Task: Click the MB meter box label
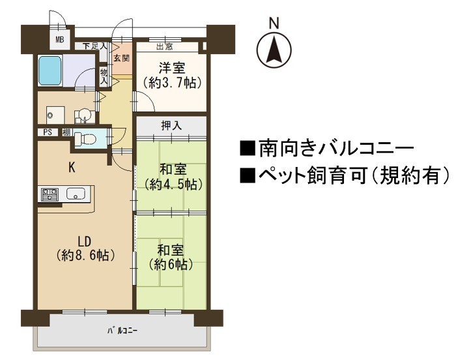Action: pos(60,39)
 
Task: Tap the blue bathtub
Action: pos(50,70)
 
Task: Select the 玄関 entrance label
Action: pos(122,58)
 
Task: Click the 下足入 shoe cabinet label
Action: pos(94,46)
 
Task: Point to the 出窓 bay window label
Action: pos(165,47)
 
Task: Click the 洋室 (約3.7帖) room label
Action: pos(172,76)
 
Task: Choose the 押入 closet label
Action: pos(172,125)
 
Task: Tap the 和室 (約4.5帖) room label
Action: pos(173,177)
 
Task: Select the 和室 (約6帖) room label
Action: pos(171,258)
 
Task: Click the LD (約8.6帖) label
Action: pos(85,248)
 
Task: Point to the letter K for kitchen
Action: pos(72,168)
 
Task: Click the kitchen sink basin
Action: pos(76,194)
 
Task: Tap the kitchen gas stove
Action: pos(50,195)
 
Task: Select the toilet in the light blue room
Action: pos(85,139)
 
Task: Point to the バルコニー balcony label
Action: pos(122,331)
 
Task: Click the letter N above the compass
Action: pos(274,23)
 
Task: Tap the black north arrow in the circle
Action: pos(274,50)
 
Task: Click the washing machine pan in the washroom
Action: pos(55,115)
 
